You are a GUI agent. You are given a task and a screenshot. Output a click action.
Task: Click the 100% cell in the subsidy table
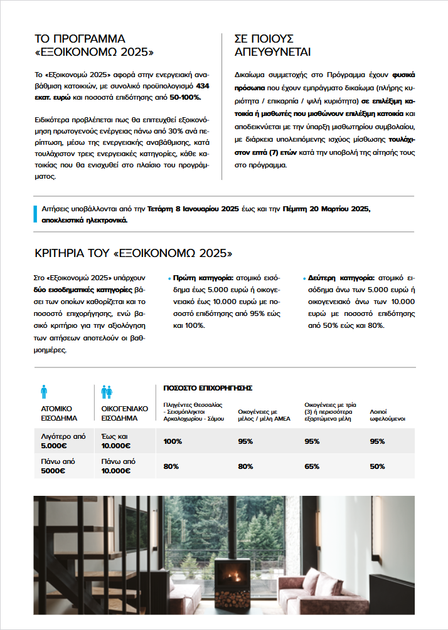coord(173,441)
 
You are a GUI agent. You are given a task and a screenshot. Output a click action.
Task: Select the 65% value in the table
coord(312,466)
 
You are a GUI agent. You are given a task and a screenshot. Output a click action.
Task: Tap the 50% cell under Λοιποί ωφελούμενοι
coord(377,466)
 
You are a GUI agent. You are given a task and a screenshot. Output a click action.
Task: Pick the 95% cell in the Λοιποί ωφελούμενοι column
coord(377,441)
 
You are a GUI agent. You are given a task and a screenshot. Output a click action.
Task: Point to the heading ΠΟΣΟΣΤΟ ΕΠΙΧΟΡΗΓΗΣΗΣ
coord(208,388)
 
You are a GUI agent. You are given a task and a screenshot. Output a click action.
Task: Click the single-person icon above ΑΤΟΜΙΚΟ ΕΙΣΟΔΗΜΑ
coord(43,392)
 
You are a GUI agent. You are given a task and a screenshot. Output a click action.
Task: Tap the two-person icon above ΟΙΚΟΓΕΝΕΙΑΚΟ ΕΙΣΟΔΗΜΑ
coord(107,392)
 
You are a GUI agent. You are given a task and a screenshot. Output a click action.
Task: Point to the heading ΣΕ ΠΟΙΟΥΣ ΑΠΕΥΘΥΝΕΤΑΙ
coord(272,45)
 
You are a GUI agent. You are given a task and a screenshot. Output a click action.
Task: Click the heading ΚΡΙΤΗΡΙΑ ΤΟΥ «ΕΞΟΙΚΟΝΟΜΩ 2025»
coord(133,253)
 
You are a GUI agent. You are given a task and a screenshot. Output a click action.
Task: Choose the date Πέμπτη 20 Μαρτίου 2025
coord(326,209)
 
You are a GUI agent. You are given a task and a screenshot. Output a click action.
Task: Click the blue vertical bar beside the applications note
coord(35,214)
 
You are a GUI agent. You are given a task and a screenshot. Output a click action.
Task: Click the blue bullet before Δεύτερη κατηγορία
coord(304,278)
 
